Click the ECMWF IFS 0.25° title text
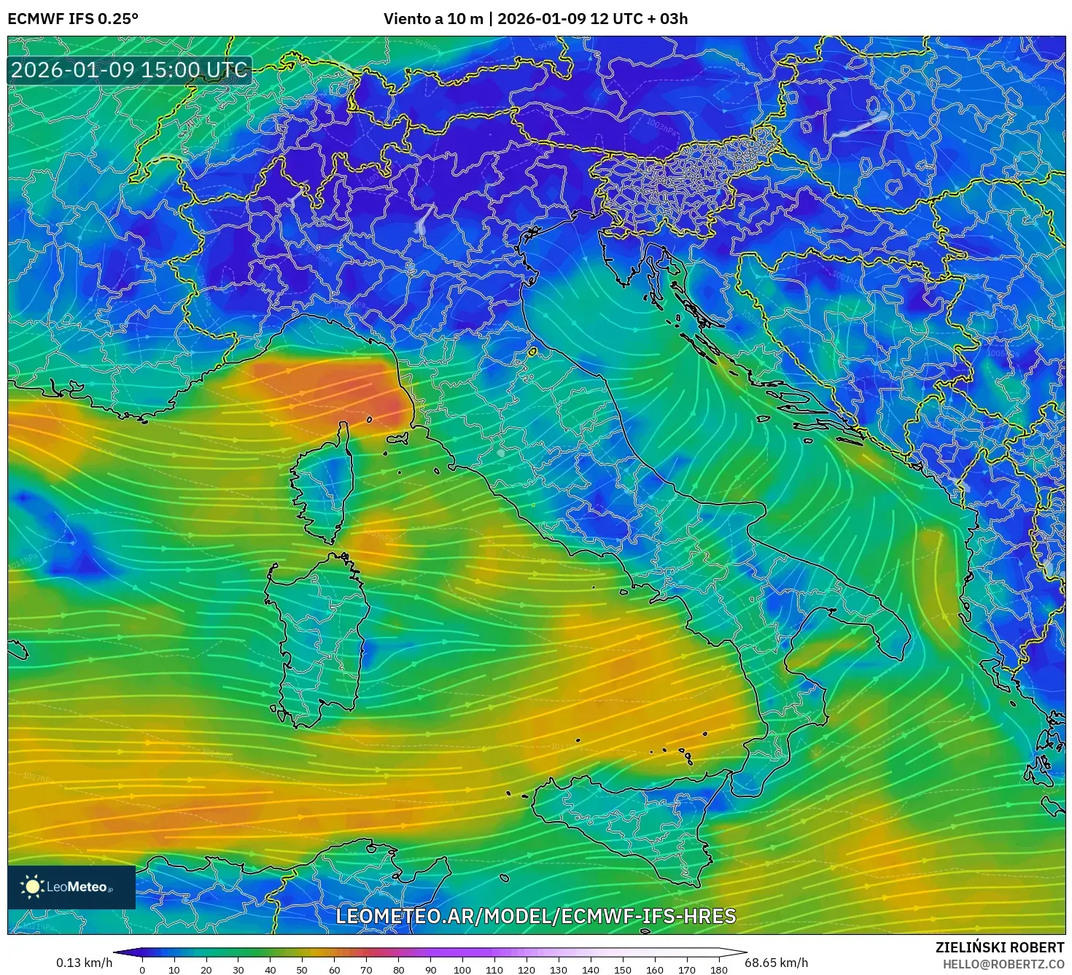click(73, 19)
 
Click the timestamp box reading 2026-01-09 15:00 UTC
click(129, 71)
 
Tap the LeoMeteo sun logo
click(32, 887)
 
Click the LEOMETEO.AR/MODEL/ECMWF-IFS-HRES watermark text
click(536, 917)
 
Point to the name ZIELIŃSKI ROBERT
click(1000, 947)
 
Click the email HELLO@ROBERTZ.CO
click(1003, 964)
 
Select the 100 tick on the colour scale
click(462, 970)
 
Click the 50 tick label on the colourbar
click(302, 970)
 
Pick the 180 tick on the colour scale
click(719, 970)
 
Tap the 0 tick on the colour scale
click(142, 970)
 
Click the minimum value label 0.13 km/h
click(85, 963)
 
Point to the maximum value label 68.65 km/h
click(776, 963)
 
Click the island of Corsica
click(325, 489)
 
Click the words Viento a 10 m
click(433, 19)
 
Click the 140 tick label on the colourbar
click(591, 970)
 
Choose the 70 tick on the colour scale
click(366, 970)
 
